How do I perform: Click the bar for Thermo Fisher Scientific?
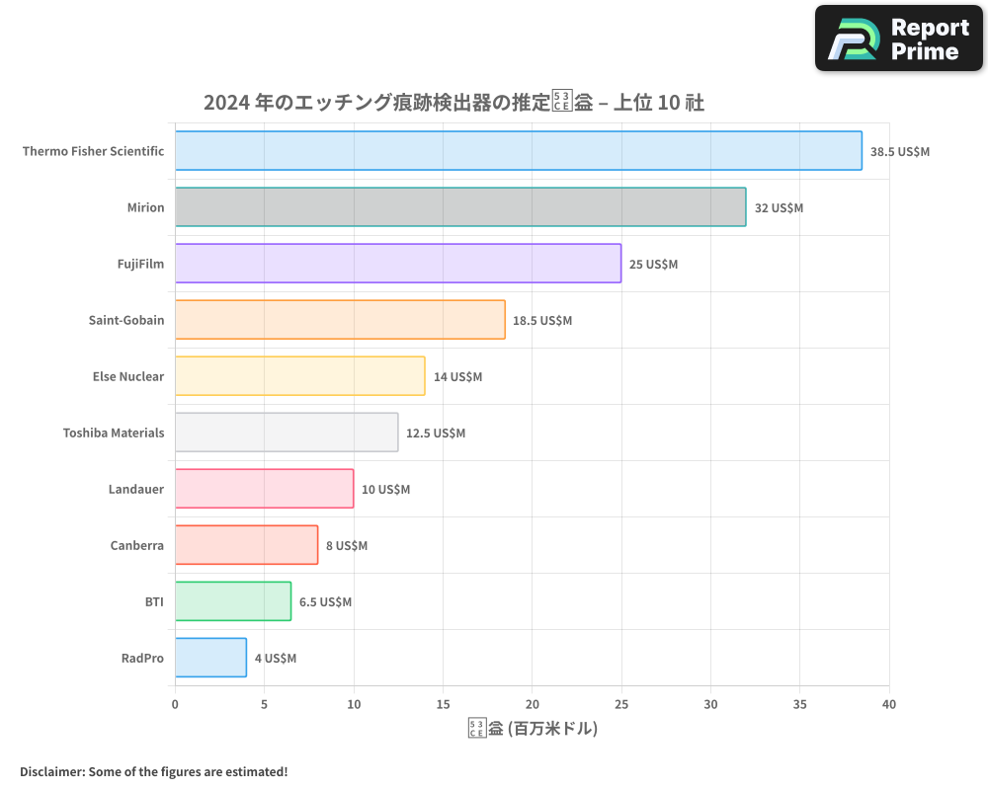pyautogui.click(x=518, y=151)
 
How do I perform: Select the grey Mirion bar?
pyautogui.click(x=460, y=207)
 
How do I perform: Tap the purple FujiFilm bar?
pyautogui.click(x=398, y=264)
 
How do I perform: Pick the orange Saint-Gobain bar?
pyautogui.click(x=340, y=320)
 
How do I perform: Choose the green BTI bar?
pyautogui.click(x=233, y=601)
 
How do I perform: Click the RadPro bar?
pyautogui.click(x=210, y=658)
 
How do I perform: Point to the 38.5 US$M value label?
pyautogui.click(x=899, y=152)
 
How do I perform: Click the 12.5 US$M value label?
pyautogui.click(x=436, y=434)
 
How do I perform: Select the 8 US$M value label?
pyautogui.click(x=347, y=546)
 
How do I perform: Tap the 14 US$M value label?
pyautogui.click(x=457, y=377)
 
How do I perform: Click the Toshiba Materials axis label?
pyautogui.click(x=114, y=433)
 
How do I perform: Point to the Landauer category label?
pyautogui.click(x=136, y=489)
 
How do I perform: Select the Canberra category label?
pyautogui.click(x=137, y=545)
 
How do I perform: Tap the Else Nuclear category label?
pyautogui.click(x=128, y=376)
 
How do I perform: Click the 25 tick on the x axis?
pyautogui.click(x=621, y=704)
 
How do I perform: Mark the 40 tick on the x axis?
pyautogui.click(x=889, y=704)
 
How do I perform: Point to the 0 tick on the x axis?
pyautogui.click(x=175, y=704)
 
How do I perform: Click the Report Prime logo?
pyautogui.click(x=899, y=39)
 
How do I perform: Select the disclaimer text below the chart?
pyautogui.click(x=154, y=771)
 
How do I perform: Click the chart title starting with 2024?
pyautogui.click(x=453, y=103)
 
